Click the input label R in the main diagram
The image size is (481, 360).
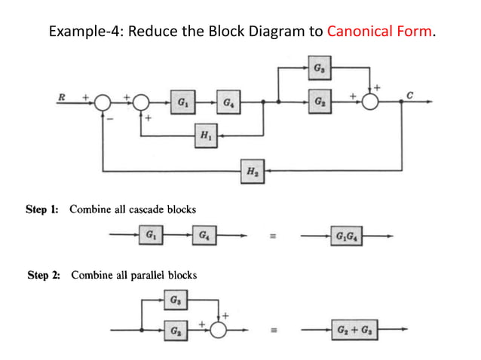62,96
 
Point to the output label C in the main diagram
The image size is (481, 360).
409,94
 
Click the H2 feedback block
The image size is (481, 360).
250,172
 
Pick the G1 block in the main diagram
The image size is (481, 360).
182,102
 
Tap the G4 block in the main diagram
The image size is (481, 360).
228,102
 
